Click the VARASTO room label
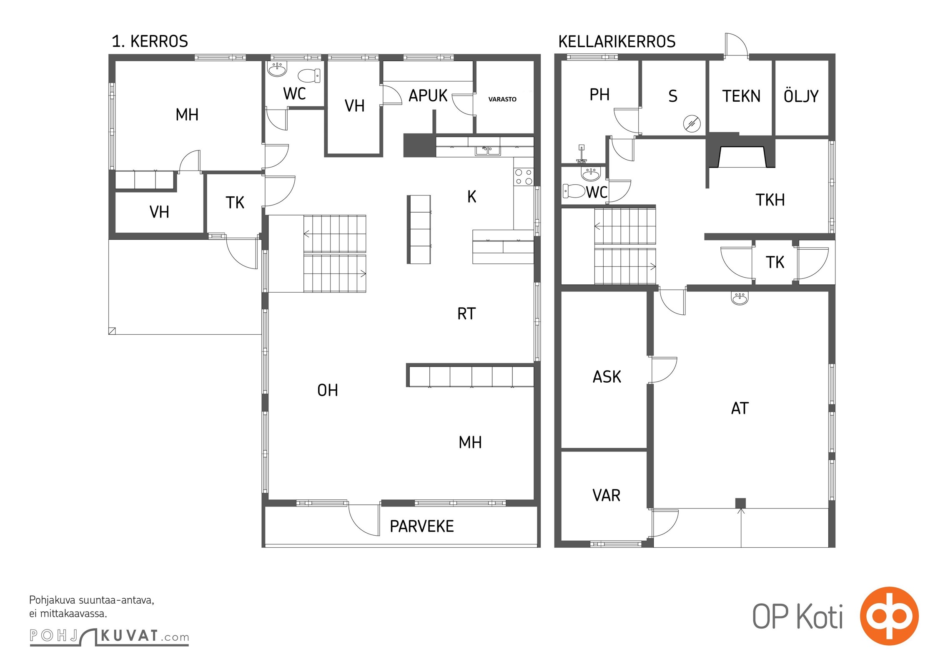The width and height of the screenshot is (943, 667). [502, 99]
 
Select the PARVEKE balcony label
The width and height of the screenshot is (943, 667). [421, 527]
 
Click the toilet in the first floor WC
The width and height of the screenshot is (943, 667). [309, 75]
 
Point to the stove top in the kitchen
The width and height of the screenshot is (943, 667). [524, 177]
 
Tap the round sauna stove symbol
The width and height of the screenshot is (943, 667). [692, 123]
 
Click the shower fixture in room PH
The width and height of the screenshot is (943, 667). [582, 154]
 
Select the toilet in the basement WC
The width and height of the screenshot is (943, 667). [574, 191]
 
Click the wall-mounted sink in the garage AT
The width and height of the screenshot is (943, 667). [740, 298]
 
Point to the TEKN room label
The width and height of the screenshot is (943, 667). [741, 96]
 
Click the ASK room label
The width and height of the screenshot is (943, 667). [607, 377]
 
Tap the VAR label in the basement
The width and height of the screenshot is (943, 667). [606, 495]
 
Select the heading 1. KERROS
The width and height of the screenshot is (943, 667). [150, 41]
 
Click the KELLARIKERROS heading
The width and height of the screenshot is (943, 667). [617, 41]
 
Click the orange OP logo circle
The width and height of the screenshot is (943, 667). [889, 616]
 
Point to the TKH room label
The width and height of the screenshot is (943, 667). [770, 200]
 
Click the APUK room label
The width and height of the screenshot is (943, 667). [428, 95]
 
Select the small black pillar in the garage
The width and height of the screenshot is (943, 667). [740, 503]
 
